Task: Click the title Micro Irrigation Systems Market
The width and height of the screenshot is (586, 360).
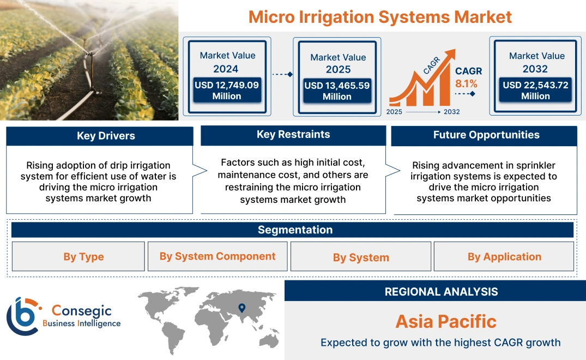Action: [x=380, y=16]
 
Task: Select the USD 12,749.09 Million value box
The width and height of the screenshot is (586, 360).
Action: [x=227, y=91]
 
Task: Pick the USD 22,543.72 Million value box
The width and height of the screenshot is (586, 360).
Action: [x=535, y=91]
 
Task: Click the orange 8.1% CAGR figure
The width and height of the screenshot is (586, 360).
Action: [x=466, y=83]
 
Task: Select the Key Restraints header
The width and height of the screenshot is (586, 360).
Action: [x=293, y=135]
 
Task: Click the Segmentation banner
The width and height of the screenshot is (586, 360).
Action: [x=295, y=230]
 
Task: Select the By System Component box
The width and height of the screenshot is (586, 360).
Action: [x=218, y=256]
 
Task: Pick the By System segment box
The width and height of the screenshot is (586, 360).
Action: [x=361, y=257]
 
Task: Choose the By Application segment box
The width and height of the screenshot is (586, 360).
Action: [x=504, y=256]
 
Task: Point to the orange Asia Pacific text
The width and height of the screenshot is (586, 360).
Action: [x=446, y=321]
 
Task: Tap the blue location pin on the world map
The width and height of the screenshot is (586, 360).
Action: [x=242, y=309]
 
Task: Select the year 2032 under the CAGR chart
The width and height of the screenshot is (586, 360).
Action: [x=451, y=112]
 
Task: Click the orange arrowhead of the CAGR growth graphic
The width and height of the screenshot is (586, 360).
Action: [x=450, y=53]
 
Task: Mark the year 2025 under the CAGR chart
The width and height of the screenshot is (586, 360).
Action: [x=395, y=112]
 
